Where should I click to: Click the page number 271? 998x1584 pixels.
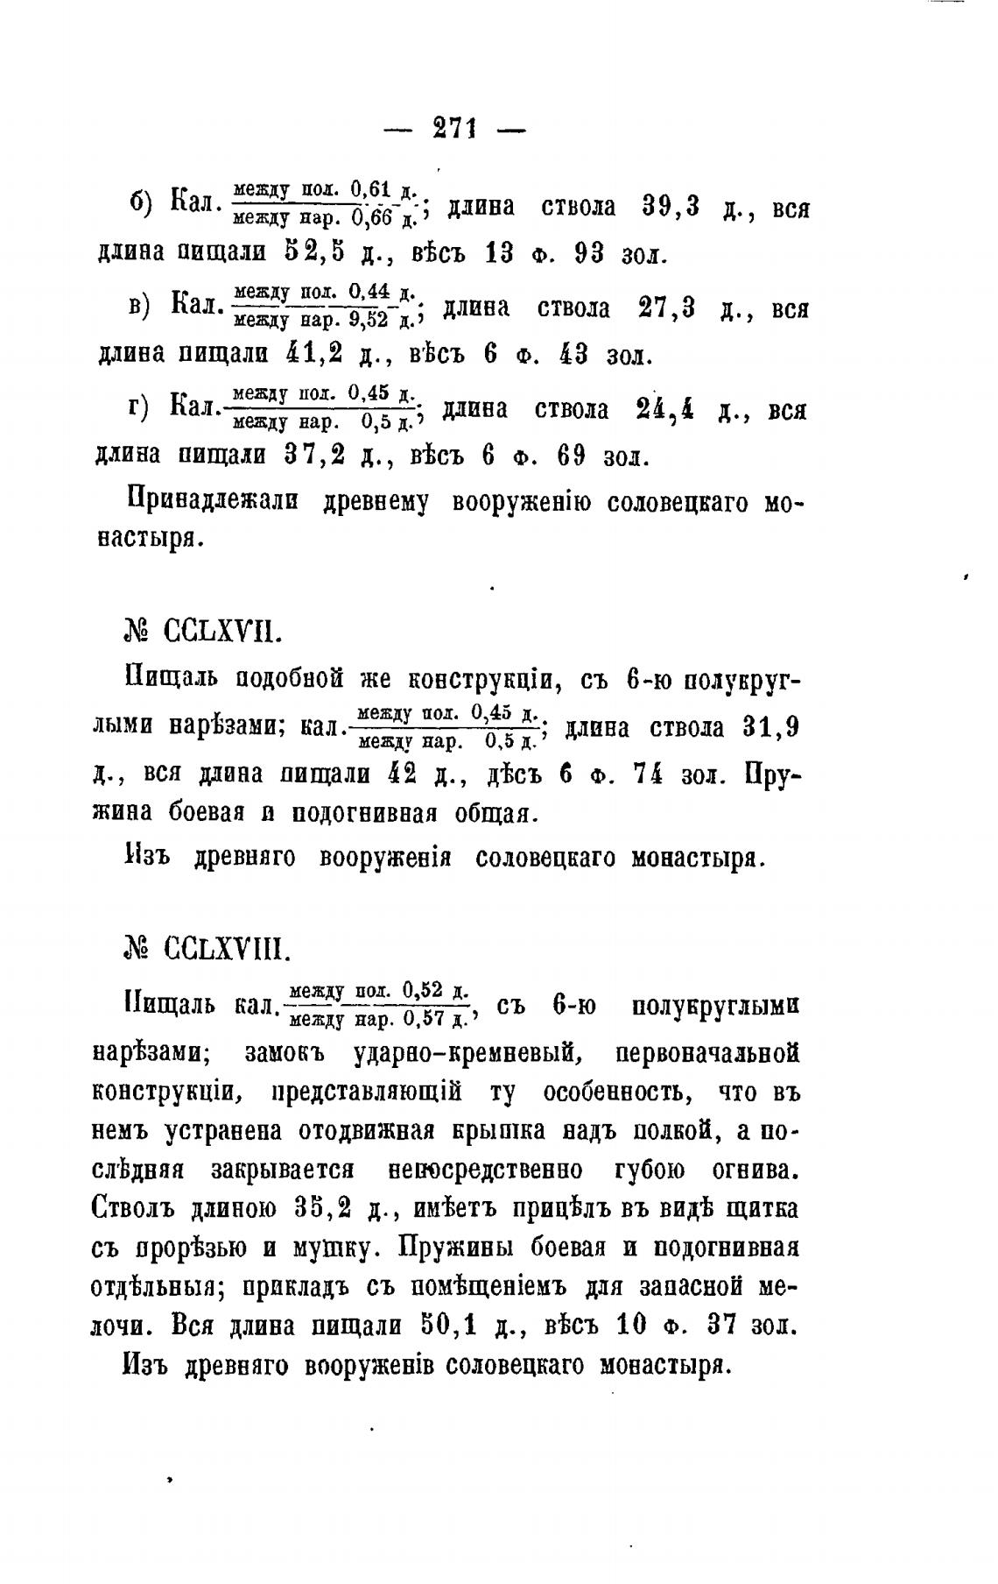[453, 130]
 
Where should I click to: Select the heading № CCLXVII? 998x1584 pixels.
[204, 632]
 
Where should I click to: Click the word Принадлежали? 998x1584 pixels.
[213, 502]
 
